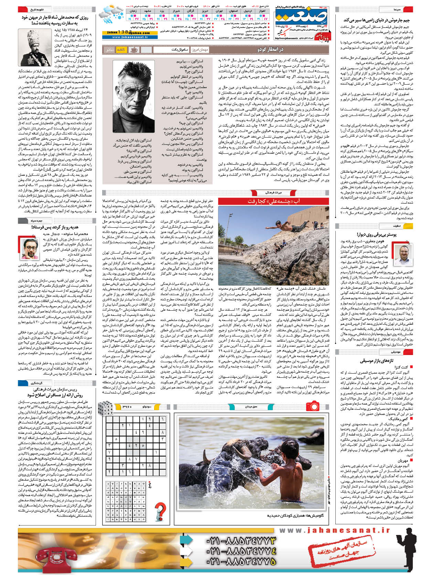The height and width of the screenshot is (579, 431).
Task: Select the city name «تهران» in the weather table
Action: (219, 11)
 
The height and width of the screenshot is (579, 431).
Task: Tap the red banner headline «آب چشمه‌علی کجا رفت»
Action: (273, 201)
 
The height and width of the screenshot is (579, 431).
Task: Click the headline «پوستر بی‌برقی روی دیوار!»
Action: (376, 234)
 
